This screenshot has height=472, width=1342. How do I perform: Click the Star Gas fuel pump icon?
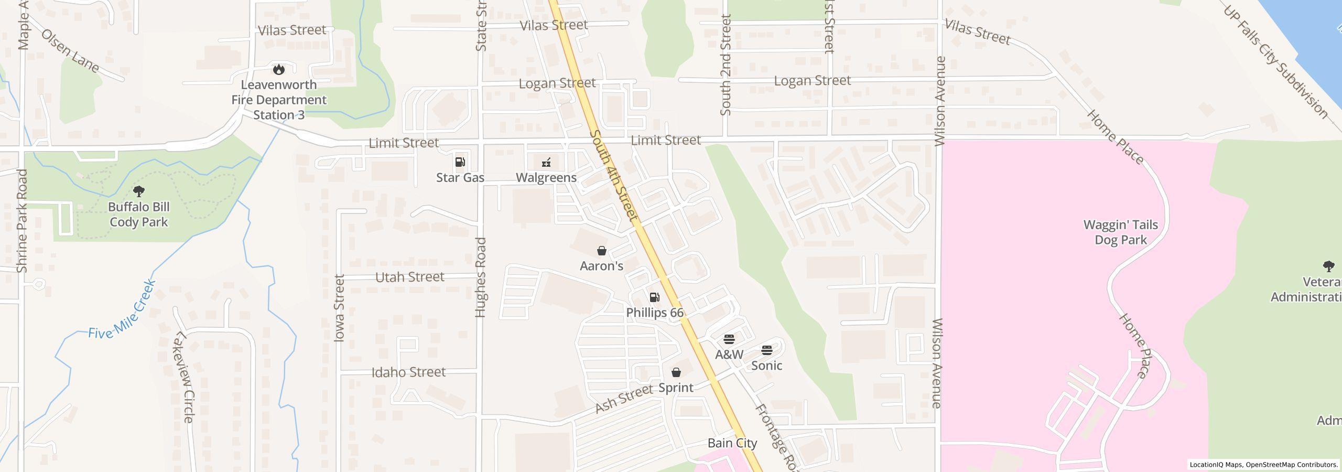point(460,162)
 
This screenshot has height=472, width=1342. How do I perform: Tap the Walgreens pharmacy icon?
point(546,162)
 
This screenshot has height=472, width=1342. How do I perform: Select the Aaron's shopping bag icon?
point(602,251)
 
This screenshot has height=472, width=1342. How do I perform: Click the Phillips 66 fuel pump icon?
point(654,297)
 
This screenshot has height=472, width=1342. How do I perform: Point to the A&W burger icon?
point(729,339)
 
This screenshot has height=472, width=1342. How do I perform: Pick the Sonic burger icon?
point(766,350)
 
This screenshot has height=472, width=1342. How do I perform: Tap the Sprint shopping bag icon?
point(676,372)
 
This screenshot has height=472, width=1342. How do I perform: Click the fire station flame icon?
point(279,69)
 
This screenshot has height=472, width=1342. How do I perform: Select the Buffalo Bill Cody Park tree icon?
point(139,191)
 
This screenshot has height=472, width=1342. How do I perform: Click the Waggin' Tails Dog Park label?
point(1121,232)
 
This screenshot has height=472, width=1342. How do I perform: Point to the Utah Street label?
point(410,277)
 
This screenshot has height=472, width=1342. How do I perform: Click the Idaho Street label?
point(408,372)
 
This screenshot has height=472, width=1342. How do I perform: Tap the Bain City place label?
point(732,443)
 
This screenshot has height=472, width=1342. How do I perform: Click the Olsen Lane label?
point(70,51)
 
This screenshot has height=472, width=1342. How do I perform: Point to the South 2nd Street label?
point(726,65)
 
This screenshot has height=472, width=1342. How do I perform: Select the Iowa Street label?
point(340,308)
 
